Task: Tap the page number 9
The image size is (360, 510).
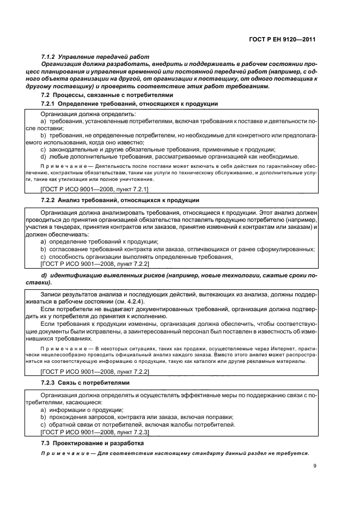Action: (315, 465)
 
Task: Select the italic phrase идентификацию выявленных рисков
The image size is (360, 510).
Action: (103, 276)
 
